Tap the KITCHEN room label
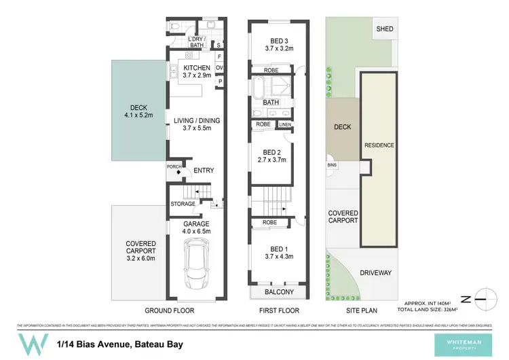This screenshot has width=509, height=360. [x=197, y=68]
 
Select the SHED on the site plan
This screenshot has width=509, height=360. [x=385, y=29]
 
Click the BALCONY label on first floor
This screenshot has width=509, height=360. [x=280, y=292]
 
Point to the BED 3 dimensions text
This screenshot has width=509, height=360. [x=279, y=49]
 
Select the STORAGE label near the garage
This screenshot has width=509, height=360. [x=183, y=204]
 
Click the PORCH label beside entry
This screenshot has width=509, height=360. [x=174, y=166]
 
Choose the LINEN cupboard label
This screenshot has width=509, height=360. [x=284, y=124]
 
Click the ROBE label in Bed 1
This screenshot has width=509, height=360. [x=269, y=222]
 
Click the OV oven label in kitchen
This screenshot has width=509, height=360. [x=220, y=68]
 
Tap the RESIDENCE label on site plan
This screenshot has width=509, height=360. [x=379, y=145]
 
